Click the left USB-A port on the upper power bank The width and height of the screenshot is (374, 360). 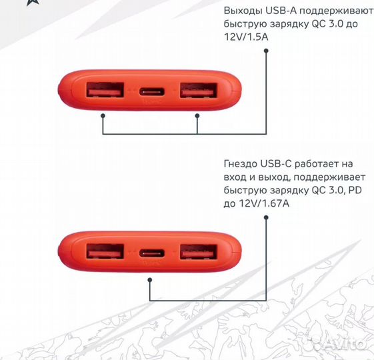click(x=105, y=90)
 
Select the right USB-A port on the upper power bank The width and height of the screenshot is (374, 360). click(x=198, y=90)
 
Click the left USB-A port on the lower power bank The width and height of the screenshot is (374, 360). click(x=105, y=252)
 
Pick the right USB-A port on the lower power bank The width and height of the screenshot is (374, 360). click(x=198, y=252)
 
